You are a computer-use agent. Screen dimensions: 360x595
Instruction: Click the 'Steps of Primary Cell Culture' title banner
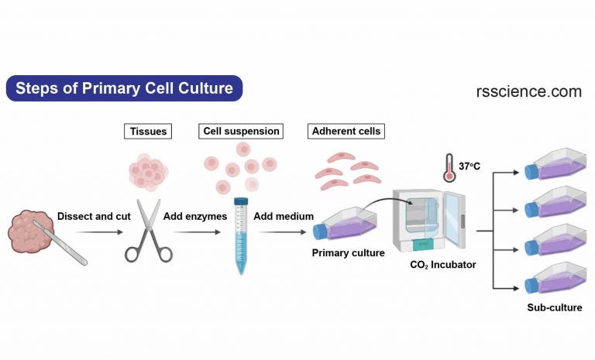[124, 88]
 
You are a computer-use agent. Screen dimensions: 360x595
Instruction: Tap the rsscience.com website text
[528, 91]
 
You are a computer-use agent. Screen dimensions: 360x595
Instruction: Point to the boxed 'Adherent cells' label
[346, 132]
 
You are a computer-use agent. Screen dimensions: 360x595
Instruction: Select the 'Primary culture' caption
[348, 253]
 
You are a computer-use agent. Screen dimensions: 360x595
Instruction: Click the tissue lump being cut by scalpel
[31, 231]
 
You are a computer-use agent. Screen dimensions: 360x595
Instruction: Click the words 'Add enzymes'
[194, 216]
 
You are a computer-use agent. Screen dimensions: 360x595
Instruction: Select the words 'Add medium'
[284, 216]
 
